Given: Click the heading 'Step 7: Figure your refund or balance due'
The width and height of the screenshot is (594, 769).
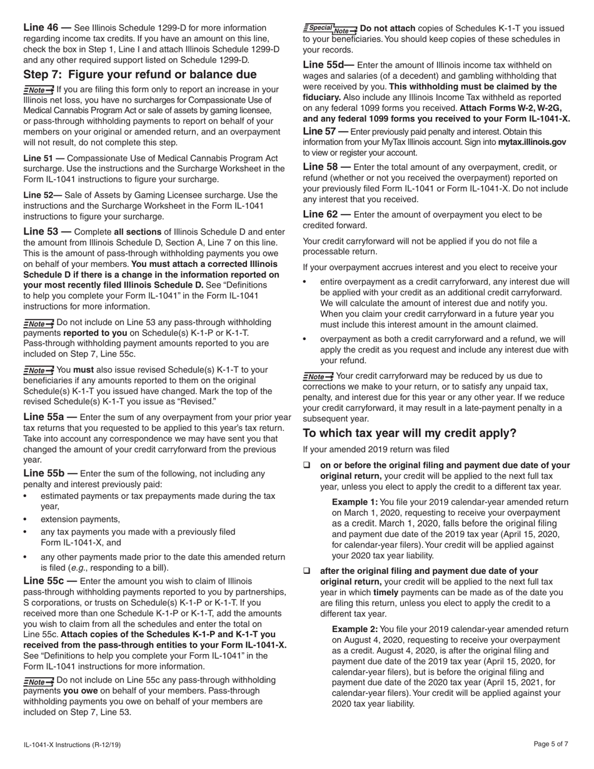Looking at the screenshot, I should (140, 74).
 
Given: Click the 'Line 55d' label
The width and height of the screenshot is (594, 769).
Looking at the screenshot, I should (323, 64).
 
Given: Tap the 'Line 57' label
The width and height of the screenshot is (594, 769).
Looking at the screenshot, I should (320, 131).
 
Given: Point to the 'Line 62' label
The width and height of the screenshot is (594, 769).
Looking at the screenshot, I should (320, 214).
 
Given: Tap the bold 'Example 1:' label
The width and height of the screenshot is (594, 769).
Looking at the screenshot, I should (355, 502).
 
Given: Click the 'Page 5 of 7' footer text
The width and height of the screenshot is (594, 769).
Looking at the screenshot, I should (551, 744).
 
